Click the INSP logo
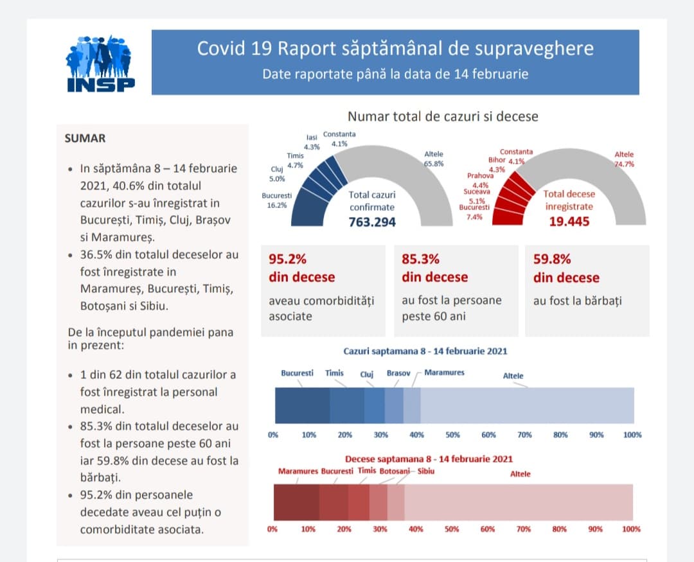100,62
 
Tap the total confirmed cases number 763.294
372,222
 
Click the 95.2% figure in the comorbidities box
287,259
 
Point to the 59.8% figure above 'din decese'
552,259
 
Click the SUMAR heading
85,138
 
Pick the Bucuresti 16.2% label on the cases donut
277,200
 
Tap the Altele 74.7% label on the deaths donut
624,159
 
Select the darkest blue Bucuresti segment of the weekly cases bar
302,405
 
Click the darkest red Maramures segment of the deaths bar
296,502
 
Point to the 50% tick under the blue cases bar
452,435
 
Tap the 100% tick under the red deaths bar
632,529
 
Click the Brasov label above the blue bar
398,373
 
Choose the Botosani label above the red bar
394,471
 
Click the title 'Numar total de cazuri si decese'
443,116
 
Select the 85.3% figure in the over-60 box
420,259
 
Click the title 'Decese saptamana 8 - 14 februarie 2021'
429,459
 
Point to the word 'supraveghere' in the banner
540,49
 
